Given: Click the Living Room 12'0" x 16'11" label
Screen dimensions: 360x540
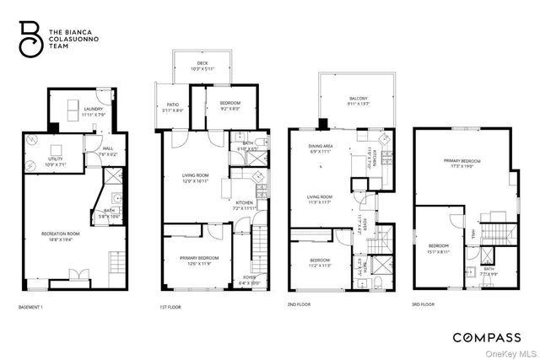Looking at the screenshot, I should point(195,178).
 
